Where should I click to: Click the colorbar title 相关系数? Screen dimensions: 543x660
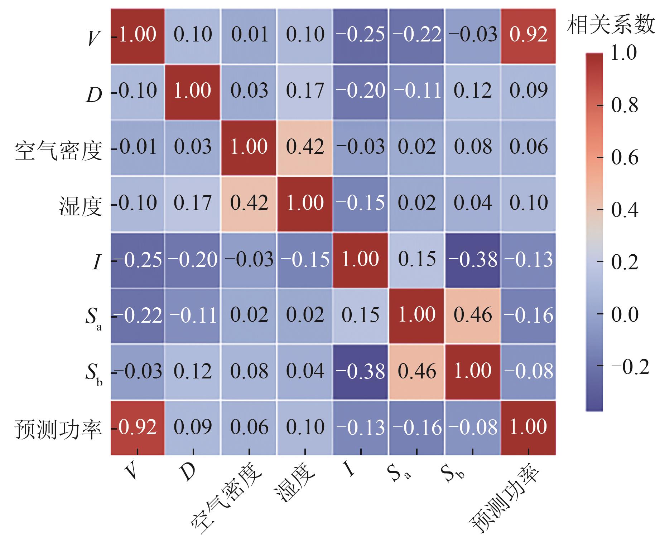tap(611, 26)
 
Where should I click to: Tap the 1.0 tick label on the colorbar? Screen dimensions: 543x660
tap(623, 53)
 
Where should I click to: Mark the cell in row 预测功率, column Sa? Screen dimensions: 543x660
tap(416, 428)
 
